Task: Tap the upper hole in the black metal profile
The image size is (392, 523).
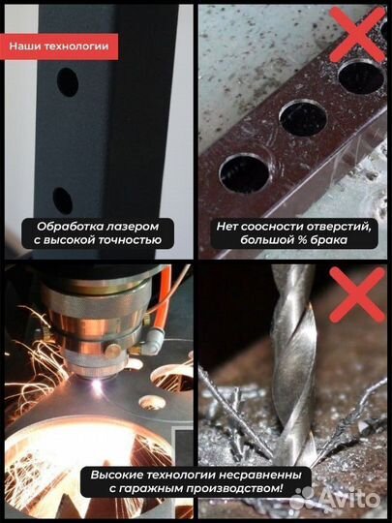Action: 68,83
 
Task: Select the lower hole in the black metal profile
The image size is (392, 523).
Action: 63,200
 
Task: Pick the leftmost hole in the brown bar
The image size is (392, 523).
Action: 243,171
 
